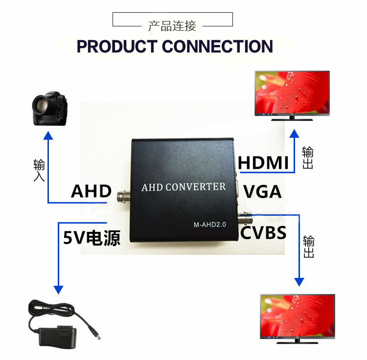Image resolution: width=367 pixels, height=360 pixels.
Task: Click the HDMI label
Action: coord(263,162)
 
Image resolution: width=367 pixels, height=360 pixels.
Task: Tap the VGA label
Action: coord(262,192)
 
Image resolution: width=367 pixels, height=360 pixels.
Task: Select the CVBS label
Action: coord(263,233)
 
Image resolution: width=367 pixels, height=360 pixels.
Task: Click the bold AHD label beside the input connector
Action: coord(92,191)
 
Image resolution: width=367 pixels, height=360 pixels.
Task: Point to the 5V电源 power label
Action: coord(92,238)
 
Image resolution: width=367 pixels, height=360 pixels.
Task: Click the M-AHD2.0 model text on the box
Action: coord(210,225)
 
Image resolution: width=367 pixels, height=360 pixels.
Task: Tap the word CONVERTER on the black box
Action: coord(196,187)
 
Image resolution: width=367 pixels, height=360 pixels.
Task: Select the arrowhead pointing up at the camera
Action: coord(48,135)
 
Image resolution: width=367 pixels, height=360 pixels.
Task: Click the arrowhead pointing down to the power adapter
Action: coord(59,290)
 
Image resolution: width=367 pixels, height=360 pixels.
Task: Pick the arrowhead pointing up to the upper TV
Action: coord(295,134)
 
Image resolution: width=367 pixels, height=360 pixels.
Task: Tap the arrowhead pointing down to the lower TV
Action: coord(299,282)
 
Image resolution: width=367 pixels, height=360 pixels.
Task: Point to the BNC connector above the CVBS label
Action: coord(245,219)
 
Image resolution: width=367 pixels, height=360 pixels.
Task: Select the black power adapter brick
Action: coord(58,336)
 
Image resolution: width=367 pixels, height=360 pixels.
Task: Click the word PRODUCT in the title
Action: coord(117,46)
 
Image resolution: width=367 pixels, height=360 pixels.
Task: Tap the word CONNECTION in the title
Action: coord(217,46)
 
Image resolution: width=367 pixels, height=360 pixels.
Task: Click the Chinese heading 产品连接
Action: coord(172,26)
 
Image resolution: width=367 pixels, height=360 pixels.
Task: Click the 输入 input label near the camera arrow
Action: coord(39,170)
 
